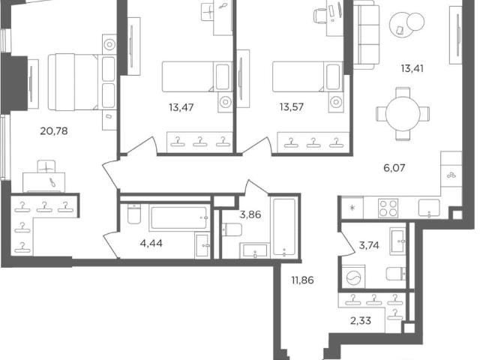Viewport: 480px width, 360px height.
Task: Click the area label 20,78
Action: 54,131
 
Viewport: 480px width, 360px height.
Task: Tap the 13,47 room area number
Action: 181,107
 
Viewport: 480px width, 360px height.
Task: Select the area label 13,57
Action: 292,107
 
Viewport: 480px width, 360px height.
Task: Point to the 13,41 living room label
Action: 412,68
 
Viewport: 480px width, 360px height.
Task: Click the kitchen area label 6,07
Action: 394,168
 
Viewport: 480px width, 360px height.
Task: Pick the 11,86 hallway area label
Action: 302,280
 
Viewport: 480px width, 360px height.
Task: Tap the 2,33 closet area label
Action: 361,320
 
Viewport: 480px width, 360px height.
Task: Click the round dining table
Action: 403,114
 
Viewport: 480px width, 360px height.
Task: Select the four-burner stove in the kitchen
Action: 388,208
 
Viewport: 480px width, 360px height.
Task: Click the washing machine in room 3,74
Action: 353,277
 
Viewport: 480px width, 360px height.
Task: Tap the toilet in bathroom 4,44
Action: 133,213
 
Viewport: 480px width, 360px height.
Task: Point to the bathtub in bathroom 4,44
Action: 179,217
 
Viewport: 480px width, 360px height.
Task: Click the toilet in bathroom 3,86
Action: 232,229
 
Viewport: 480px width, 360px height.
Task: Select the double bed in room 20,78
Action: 82,82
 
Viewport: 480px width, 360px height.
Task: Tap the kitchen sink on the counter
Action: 429,208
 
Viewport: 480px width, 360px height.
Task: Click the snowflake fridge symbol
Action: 352,208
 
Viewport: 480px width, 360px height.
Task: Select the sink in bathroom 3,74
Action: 397,241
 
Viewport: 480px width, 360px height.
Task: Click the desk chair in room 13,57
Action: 320,15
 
